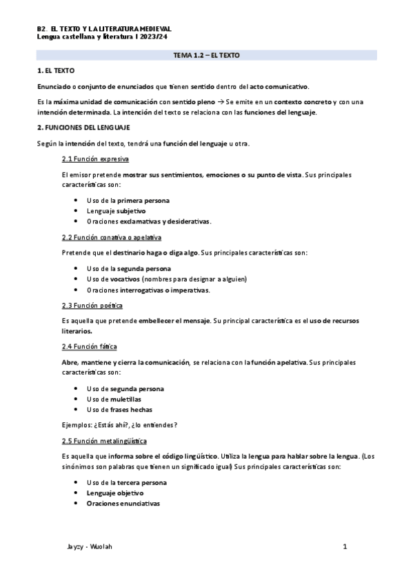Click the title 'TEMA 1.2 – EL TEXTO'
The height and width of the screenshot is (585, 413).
point(206,54)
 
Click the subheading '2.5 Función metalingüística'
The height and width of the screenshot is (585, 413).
point(103,441)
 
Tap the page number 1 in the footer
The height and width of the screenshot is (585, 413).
point(344,546)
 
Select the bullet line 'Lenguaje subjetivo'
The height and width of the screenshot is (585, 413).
point(116,211)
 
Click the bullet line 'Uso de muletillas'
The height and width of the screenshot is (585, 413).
point(113,399)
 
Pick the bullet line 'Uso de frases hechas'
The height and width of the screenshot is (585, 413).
point(119,409)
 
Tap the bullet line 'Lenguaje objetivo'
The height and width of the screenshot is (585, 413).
point(114,493)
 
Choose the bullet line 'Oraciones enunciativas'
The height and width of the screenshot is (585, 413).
point(123,504)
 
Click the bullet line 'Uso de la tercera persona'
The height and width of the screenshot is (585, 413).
point(126,483)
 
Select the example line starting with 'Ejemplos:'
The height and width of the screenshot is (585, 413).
point(119,425)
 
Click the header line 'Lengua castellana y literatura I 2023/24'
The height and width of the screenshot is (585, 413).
point(105,36)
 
